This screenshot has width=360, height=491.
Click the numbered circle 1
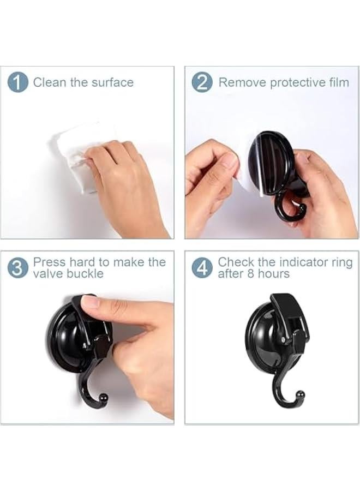pyautogui.click(x=17, y=82)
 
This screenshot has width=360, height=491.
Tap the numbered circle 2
pyautogui.click(x=202, y=82)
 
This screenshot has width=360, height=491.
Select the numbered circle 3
pyautogui.click(x=17, y=268)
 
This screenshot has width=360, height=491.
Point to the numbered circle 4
pyautogui.click(x=202, y=268)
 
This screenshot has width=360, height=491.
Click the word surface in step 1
pyautogui.click(x=112, y=82)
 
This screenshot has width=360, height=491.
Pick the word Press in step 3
pyautogui.click(x=49, y=262)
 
